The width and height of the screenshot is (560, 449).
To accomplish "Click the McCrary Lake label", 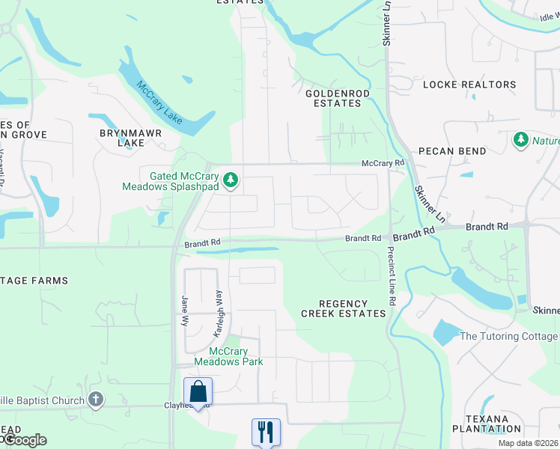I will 159,103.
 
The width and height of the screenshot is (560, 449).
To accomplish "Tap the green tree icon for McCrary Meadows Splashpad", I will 232,180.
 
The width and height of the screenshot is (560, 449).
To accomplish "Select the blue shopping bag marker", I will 198,391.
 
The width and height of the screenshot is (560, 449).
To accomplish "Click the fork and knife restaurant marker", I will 266,431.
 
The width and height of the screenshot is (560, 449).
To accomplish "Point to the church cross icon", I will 95,400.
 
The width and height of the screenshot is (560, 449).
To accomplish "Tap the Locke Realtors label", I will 469,85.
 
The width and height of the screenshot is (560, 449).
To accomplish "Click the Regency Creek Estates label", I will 344,308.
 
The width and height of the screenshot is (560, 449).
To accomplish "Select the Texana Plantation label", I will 486,424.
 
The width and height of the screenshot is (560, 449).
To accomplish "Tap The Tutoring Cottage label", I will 508,336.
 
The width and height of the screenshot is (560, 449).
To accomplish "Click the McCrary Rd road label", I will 383,162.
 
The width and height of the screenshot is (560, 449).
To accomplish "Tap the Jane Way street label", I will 184,310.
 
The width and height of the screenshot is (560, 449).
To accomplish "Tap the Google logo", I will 25,439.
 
